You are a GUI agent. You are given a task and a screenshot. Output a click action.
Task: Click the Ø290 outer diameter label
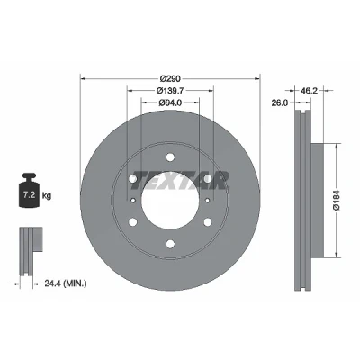coord(170,79)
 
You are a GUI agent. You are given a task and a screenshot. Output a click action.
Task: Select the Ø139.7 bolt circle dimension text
coord(170,90)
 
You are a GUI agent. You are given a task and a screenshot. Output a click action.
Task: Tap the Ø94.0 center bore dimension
coord(170,103)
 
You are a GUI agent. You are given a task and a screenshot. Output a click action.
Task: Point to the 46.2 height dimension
coord(309,90)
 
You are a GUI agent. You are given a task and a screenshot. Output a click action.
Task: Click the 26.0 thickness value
coord(280,103)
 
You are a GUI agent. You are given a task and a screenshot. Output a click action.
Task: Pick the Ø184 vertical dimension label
coord(337,200)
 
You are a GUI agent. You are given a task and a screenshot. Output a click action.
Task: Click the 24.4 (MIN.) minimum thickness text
coord(66,283)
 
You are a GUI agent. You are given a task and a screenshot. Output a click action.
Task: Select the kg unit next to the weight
coord(47,196)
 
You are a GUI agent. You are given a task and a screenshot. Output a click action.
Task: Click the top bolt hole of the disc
coord(170,157)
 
